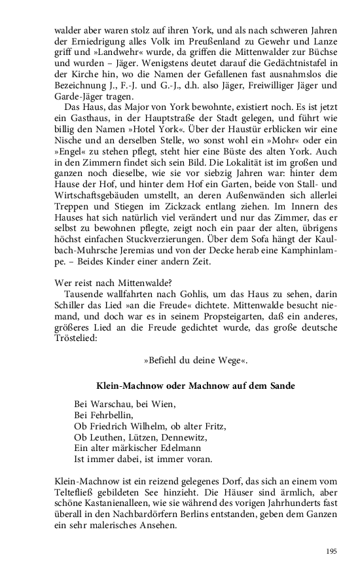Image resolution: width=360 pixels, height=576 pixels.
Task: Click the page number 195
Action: (x=331, y=551)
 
